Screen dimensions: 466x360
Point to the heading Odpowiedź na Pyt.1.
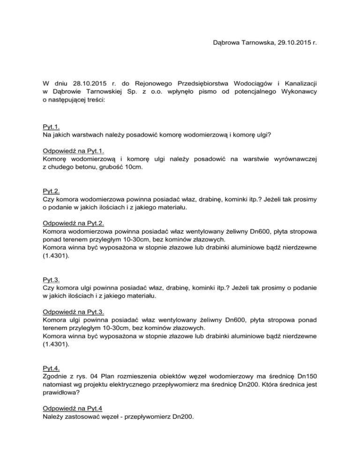(72, 151)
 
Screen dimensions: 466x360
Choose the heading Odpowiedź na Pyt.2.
(72, 224)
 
